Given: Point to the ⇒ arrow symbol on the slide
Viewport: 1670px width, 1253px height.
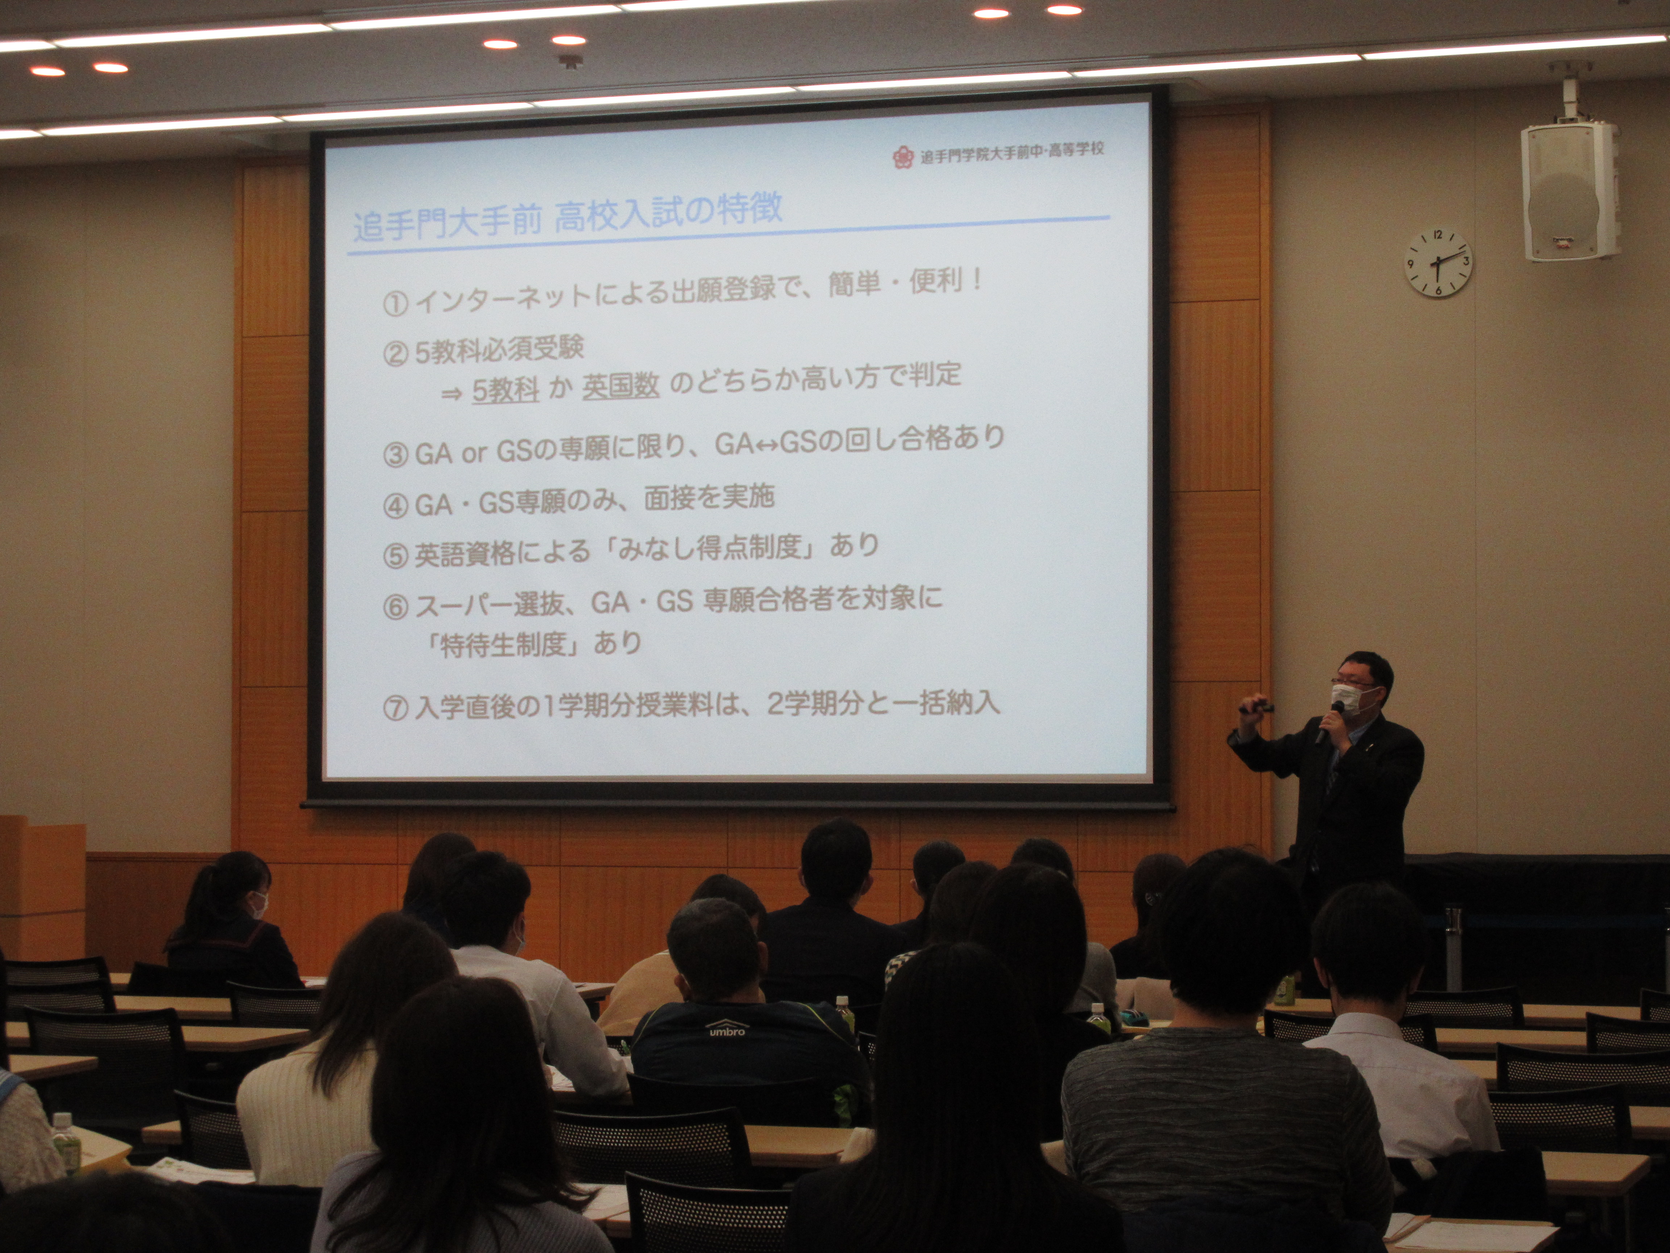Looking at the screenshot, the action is [452, 393].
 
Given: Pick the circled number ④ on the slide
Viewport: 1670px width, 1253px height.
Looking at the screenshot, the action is [396, 506].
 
